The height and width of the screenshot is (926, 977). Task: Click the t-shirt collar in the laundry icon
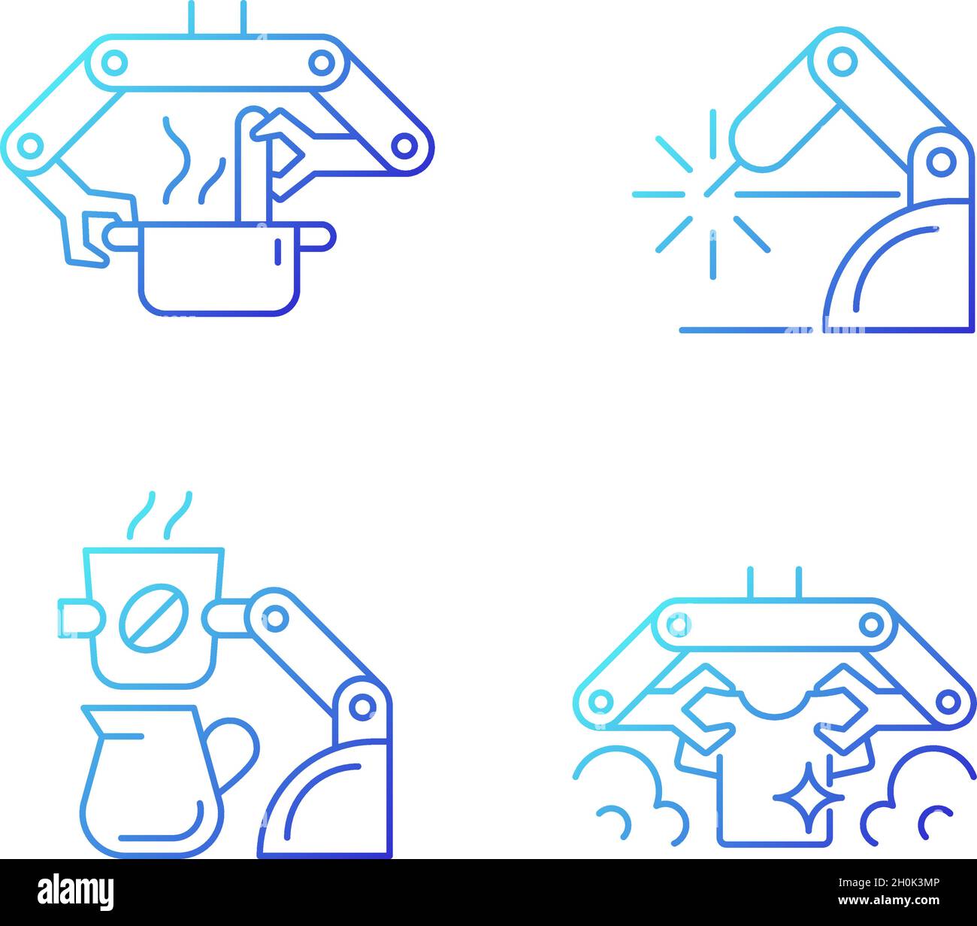[769, 703]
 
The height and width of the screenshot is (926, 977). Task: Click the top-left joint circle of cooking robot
[114, 61]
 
